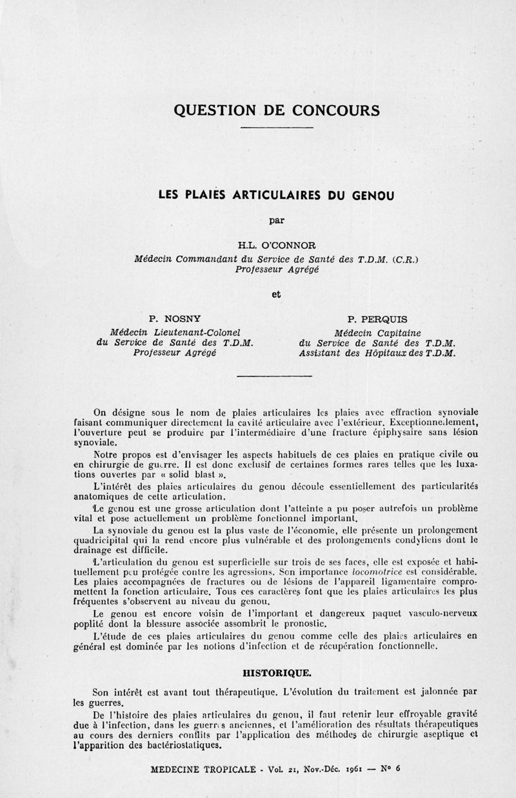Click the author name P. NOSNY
pos(175,317)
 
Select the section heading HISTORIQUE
pos(277,672)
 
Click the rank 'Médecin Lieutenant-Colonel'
pos(175,332)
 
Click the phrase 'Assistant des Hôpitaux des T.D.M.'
pos(377,354)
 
